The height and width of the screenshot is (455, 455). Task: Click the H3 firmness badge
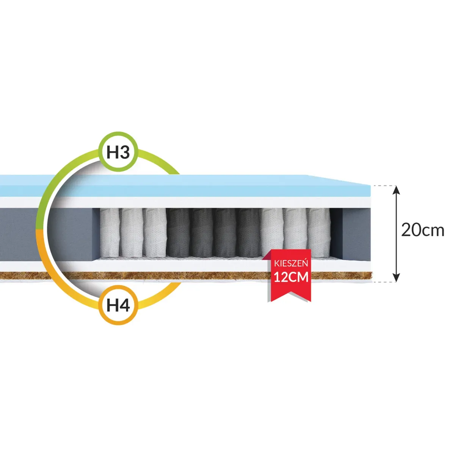coord(118,152)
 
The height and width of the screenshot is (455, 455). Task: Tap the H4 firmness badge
coord(118,305)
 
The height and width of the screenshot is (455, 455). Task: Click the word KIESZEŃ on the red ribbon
coord(291,263)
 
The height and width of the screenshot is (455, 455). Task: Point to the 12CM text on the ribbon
coord(291,277)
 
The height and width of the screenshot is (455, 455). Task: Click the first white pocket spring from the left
coord(109,232)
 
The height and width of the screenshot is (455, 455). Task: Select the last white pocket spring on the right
coord(319,232)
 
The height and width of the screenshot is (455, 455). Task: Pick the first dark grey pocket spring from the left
coord(178,232)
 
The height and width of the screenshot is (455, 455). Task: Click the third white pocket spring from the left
coord(155,232)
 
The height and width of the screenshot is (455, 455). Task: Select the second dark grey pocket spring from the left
coord(202,232)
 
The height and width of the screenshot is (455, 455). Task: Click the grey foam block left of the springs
coord(47,234)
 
